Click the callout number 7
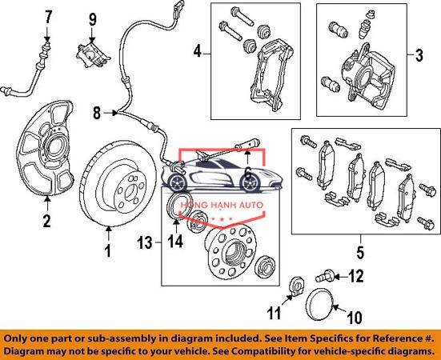click(x=48, y=18)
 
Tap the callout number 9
click(x=93, y=20)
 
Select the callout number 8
click(x=97, y=114)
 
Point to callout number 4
click(x=198, y=52)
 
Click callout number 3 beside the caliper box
click(x=419, y=55)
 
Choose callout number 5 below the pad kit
click(x=360, y=252)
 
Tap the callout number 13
click(x=145, y=243)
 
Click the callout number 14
click(x=175, y=241)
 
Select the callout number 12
click(x=356, y=276)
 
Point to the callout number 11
click(x=275, y=313)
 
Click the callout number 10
click(x=355, y=318)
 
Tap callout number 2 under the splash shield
click(x=46, y=221)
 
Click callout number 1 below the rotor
click(x=108, y=250)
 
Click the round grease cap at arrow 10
click(x=319, y=304)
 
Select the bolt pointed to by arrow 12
click(x=325, y=275)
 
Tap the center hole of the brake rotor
click(x=130, y=193)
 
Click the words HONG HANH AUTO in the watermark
click(x=221, y=205)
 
